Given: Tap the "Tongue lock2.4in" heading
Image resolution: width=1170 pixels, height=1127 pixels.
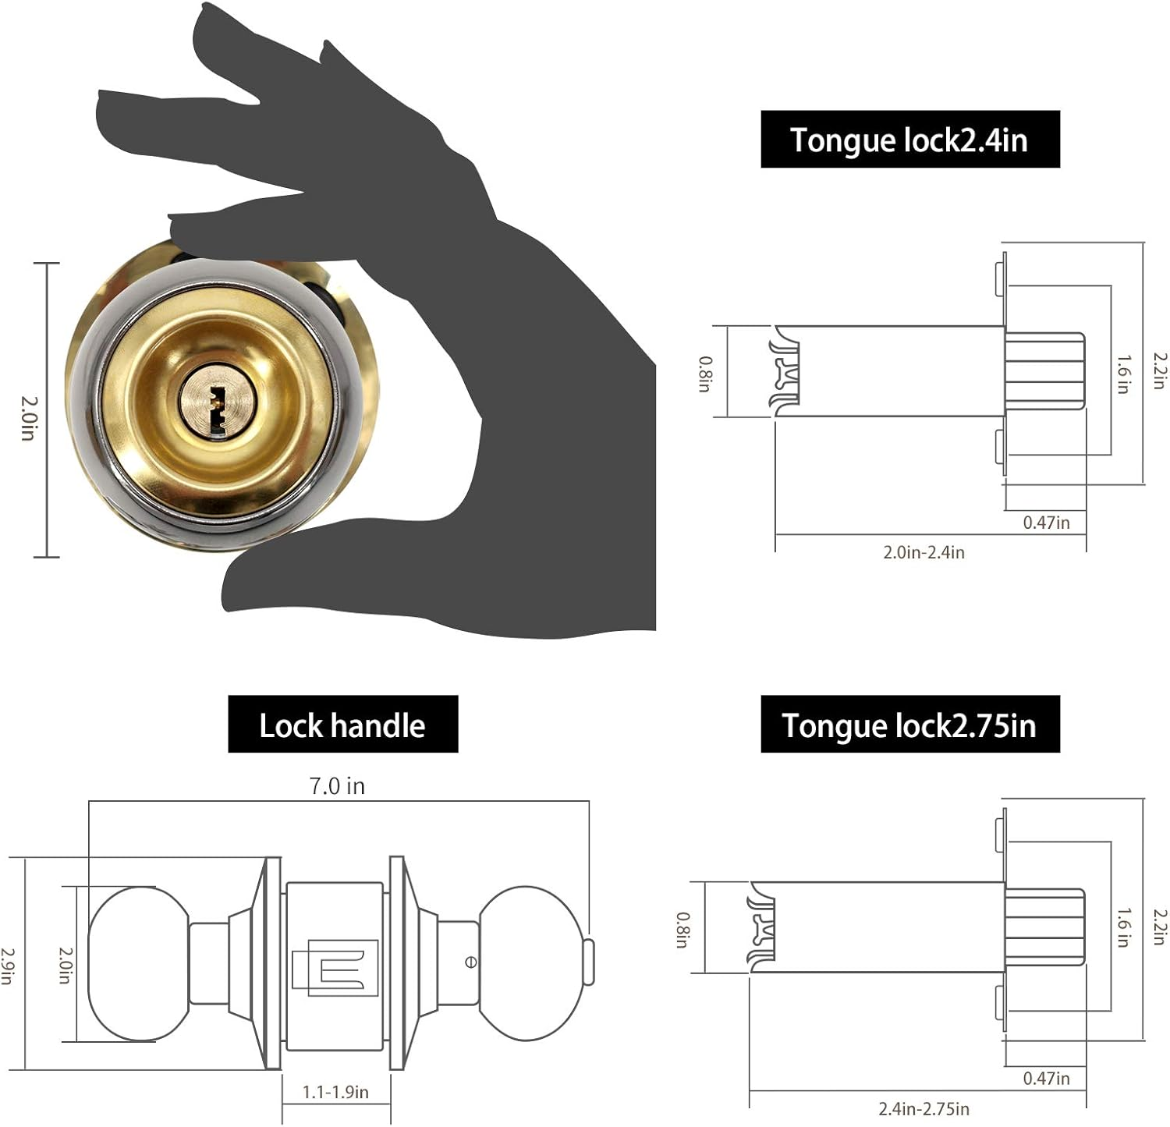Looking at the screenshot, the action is [x=909, y=140].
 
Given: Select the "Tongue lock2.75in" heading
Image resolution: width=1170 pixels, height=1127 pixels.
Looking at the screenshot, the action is [x=909, y=725].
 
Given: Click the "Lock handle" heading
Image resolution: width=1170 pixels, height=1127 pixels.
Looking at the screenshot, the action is [x=342, y=725].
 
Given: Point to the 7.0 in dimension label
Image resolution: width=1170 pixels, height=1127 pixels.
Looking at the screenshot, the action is [x=337, y=785].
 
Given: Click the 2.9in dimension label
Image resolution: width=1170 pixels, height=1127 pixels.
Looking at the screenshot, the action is [x=8, y=966].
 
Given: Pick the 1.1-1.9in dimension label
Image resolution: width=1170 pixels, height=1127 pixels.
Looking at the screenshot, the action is [x=335, y=1092].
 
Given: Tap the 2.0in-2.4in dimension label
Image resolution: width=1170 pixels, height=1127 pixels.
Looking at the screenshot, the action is [x=924, y=552].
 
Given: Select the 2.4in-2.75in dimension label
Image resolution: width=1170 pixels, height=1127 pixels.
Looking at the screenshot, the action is [x=924, y=1108].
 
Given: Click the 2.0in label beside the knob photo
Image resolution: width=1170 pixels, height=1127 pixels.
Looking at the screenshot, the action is [x=29, y=418].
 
